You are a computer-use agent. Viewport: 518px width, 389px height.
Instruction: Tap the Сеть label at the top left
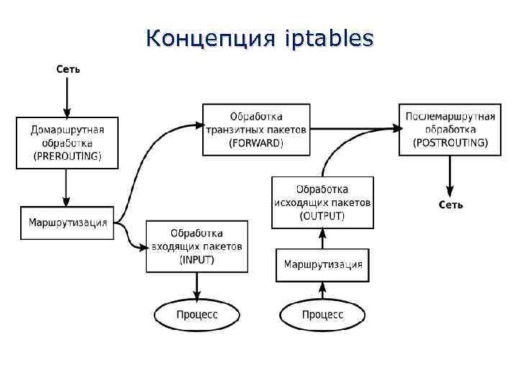(68, 69)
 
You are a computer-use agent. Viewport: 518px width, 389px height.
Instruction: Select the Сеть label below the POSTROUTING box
(451, 205)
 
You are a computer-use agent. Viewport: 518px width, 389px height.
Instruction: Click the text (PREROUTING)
(67, 156)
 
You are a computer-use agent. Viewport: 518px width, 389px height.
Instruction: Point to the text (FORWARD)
(256, 143)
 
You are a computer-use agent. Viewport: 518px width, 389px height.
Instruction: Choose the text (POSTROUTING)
(450, 143)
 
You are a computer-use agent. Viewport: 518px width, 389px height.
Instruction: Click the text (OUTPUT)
(322, 216)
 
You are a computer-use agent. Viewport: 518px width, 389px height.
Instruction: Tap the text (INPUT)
(196, 259)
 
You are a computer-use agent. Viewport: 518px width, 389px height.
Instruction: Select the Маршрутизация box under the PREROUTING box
(68, 223)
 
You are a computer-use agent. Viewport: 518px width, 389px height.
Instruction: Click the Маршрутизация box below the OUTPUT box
(323, 264)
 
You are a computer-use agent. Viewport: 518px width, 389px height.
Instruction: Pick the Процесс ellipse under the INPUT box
(196, 314)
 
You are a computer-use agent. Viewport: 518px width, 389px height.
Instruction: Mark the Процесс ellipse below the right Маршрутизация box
(322, 314)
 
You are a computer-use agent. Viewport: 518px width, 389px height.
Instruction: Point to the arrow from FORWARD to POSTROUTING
(353, 128)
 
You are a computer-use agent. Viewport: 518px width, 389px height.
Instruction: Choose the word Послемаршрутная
(450, 117)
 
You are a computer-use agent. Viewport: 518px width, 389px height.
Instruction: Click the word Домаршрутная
(67, 130)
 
